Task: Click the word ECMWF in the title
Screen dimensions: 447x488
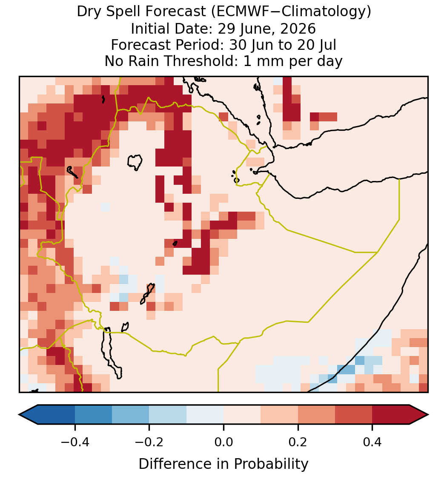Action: [x=239, y=12]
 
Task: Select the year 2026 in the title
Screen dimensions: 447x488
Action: [x=298, y=29]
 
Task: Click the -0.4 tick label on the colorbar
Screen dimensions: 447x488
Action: [x=74, y=442]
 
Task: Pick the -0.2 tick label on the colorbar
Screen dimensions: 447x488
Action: [x=149, y=442]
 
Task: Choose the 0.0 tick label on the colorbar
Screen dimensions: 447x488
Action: [x=223, y=442]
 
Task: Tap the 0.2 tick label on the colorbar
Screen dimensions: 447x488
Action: [x=298, y=442]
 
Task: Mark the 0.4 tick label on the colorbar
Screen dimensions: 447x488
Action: [x=372, y=442]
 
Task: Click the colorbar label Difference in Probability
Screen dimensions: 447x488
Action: [x=223, y=464]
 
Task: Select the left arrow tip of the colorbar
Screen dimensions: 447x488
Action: [x=19, y=415]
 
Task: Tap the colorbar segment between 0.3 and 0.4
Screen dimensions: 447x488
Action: [x=354, y=415]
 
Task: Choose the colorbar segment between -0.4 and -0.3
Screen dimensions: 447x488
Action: [x=93, y=415]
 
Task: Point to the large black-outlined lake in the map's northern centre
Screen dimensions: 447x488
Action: [x=135, y=162]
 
